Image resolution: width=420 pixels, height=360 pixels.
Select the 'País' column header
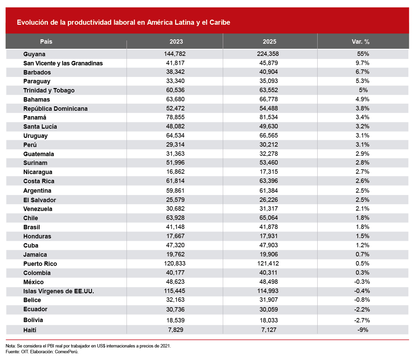pos(46,42)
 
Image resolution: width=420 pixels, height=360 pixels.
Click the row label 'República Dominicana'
pos(56,109)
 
